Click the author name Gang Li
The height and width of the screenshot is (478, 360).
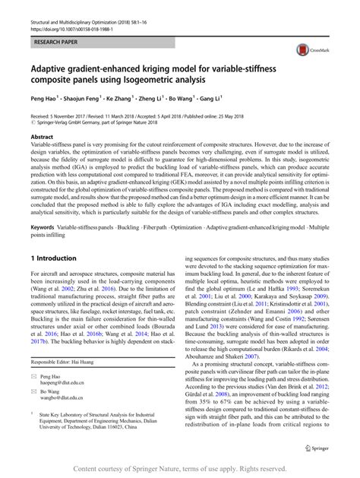pos(209,99)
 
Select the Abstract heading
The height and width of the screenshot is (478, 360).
pos(41,135)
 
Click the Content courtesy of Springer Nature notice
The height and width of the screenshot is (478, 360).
pos(180,470)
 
